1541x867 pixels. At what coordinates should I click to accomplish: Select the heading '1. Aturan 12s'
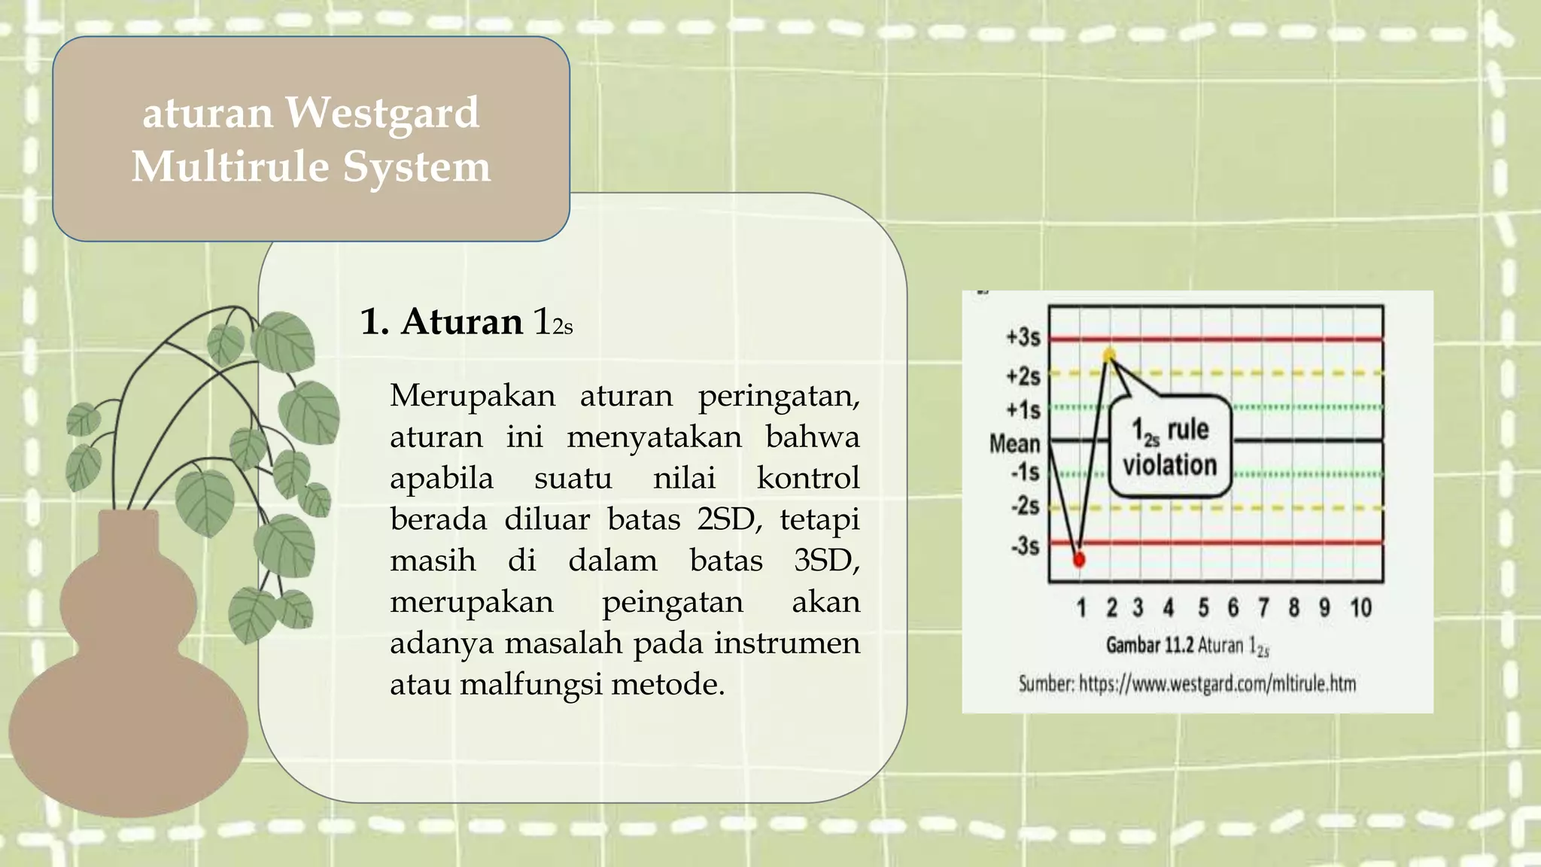[x=466, y=322]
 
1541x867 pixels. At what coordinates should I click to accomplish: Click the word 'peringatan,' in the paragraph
[x=779, y=396]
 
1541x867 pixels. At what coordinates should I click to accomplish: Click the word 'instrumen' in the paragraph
[x=786, y=643]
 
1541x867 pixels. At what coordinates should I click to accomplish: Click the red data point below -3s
[x=1079, y=560]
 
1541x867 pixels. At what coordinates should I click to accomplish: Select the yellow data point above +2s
[x=1110, y=354]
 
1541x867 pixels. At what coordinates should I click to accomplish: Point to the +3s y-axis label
[x=1023, y=337]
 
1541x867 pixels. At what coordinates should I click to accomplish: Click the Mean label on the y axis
[x=1014, y=443]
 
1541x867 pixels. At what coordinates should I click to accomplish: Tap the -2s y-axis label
[x=1025, y=506]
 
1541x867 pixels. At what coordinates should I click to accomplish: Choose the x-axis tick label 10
[x=1360, y=607]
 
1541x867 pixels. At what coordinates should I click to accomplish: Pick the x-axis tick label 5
[x=1204, y=607]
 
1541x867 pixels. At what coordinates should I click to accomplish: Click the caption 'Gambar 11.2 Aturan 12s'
[x=1187, y=646]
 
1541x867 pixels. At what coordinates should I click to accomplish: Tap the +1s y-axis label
[x=1023, y=410]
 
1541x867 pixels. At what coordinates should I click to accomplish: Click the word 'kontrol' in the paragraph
[x=807, y=479]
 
